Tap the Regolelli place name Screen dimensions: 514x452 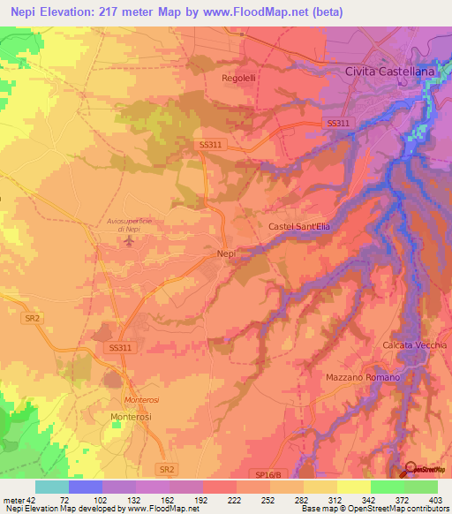[239, 78]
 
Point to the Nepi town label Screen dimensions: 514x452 [225, 254]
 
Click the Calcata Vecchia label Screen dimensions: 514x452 [415, 344]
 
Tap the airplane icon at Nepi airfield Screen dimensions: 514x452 [130, 241]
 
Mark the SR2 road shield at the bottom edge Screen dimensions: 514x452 [164, 466]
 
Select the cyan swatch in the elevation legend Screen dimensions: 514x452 [52, 487]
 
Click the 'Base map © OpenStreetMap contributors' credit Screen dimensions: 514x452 [374, 510]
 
